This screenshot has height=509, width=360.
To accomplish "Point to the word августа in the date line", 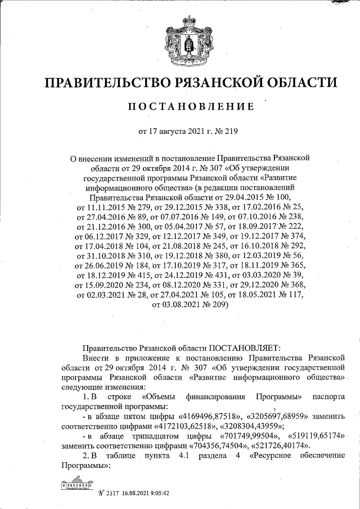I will (x=173, y=133).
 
